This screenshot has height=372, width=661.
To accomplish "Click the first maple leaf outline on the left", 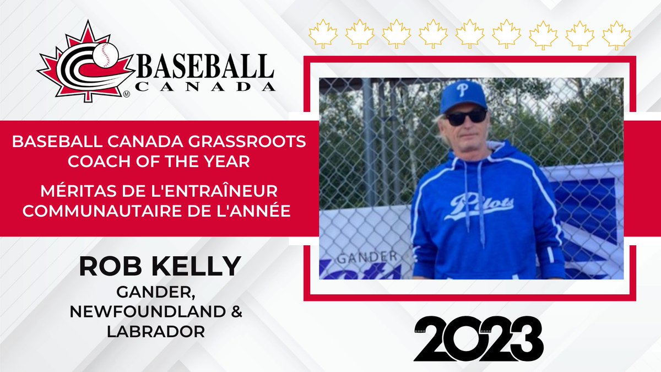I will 324,34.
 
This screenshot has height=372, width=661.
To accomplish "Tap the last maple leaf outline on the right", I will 616,34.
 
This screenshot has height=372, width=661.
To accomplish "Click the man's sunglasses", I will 465,117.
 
